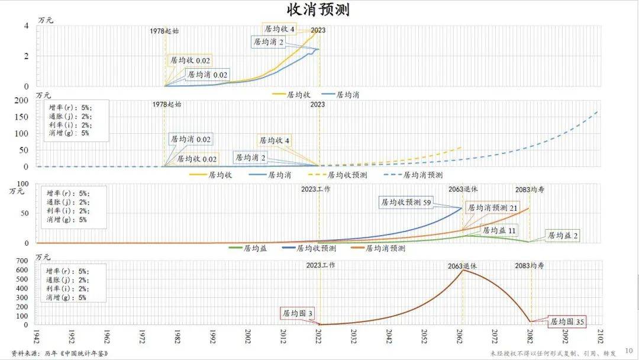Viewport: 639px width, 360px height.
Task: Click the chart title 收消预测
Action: click(319, 10)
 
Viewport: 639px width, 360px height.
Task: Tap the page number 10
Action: click(629, 351)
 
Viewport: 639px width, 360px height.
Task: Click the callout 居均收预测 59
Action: click(405, 202)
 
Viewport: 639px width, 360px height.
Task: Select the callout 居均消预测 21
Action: click(492, 208)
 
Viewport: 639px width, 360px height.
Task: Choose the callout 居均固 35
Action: click(567, 322)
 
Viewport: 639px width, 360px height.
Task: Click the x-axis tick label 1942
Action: click(37, 336)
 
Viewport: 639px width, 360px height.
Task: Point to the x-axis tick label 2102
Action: click(602, 336)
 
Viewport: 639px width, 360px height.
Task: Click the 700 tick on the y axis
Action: click(22, 261)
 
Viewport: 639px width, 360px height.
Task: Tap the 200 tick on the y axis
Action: click(21, 101)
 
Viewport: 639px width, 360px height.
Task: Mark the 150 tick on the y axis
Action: click(21, 117)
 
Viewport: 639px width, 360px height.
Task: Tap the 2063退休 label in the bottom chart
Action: click(462, 266)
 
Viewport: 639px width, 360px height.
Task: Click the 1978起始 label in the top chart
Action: click(165, 30)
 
